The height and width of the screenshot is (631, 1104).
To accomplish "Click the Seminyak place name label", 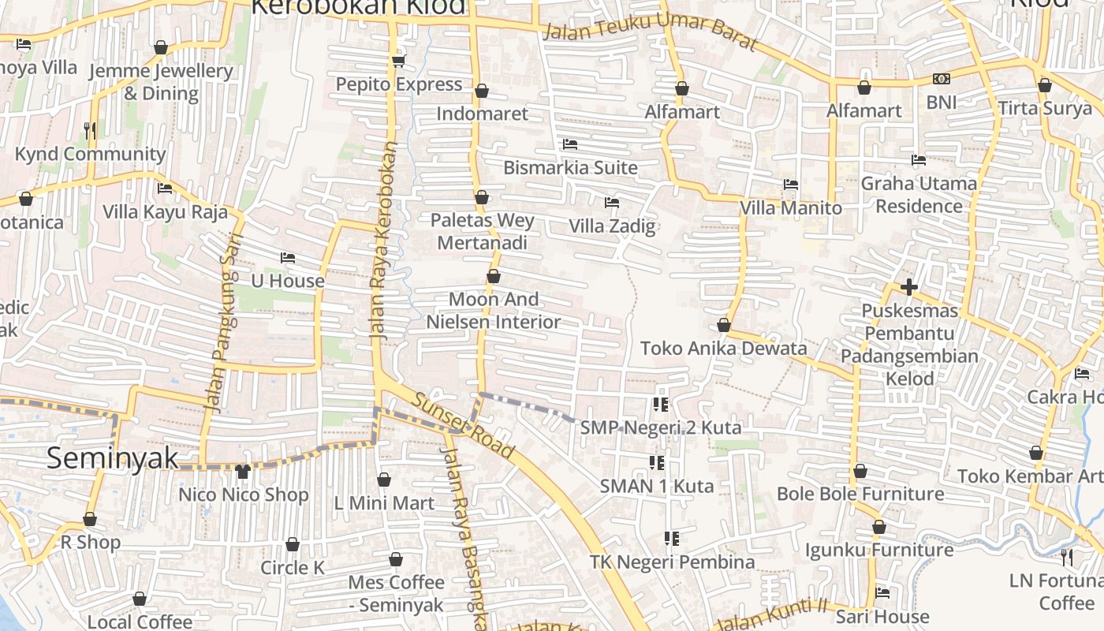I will coord(112,458).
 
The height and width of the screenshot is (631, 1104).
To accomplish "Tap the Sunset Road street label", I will coord(463,426).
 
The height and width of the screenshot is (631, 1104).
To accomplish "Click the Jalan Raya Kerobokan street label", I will coord(383,241).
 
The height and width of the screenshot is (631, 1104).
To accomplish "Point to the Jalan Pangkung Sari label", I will coord(222,328).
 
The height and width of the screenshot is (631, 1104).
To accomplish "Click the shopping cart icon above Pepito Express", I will coord(398,61).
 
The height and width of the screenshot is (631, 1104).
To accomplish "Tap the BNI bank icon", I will coord(941,79).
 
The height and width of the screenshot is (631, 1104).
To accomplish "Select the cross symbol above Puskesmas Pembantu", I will coord(908,287).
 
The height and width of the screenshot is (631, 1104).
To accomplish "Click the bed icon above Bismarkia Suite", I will coord(569,144).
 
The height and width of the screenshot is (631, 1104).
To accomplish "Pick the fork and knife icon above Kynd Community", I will coord(90,130).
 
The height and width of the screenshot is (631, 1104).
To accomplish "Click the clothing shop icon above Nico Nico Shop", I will coord(242,472).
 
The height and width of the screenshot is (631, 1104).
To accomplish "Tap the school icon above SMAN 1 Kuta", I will coord(655,462).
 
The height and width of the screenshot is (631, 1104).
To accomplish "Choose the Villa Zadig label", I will coord(612,226).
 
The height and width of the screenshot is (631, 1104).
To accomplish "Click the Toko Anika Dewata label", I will coord(723,348).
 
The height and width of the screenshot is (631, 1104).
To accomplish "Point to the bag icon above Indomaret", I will coord(482,91).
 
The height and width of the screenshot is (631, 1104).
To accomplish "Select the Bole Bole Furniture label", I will coord(860,494).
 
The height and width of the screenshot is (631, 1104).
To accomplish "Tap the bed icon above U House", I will coord(288,258).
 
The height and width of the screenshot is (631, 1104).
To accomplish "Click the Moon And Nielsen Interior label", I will coord(494,310).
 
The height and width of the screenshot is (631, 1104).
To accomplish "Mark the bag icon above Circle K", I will coord(292,544).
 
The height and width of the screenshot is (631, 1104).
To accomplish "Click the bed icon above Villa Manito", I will coord(791,185).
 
